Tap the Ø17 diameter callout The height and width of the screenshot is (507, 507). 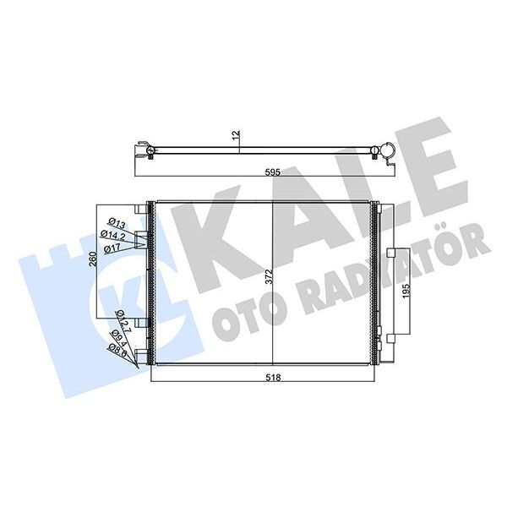coord(113,248)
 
